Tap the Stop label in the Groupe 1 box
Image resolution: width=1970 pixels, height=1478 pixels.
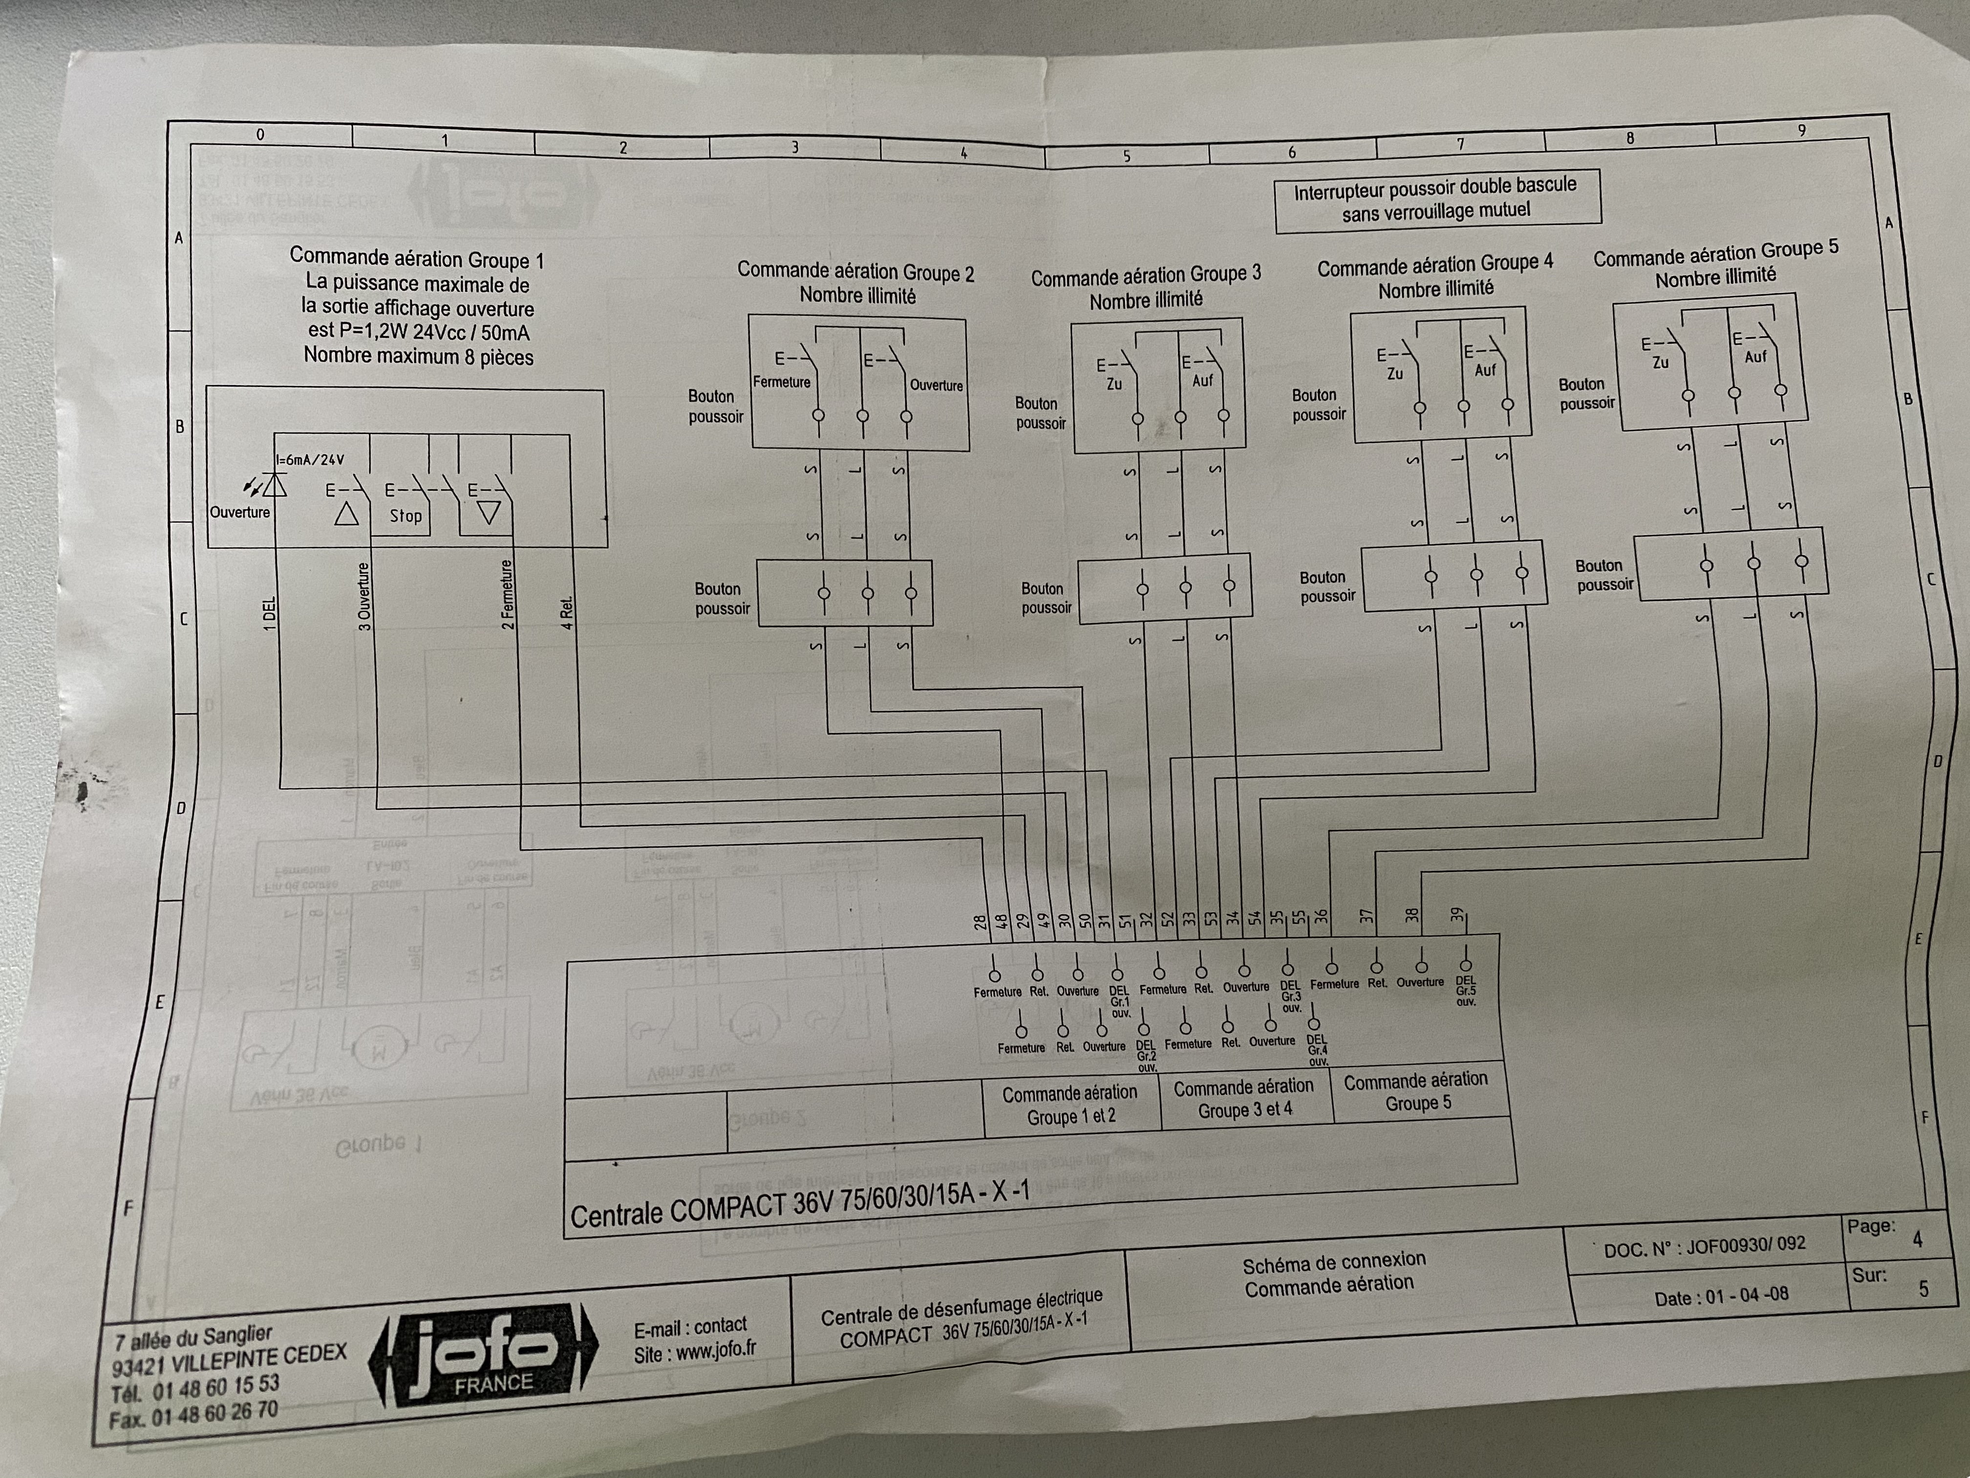[x=405, y=516]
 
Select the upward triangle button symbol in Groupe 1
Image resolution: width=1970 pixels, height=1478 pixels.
[x=346, y=514]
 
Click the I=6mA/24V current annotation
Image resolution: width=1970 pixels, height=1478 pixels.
[x=310, y=460]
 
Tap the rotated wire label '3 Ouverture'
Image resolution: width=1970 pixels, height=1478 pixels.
[x=364, y=597]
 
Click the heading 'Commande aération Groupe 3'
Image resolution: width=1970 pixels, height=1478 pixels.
[x=1146, y=276]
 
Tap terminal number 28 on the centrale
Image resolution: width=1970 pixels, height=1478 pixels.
[x=981, y=922]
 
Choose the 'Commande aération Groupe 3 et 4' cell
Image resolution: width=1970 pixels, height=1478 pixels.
[x=1244, y=1098]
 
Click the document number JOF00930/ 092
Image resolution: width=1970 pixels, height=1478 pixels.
[x=1746, y=1245]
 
